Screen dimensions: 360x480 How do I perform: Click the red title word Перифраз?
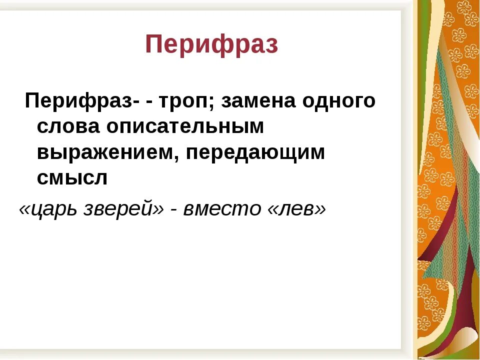click(x=211, y=45)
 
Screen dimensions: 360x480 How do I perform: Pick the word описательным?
click(x=184, y=127)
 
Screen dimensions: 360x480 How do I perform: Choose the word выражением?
click(x=108, y=153)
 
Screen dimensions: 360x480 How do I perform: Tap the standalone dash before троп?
click(x=150, y=103)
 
